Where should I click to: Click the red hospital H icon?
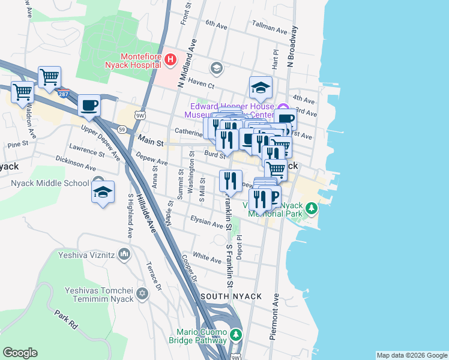pyautogui.click(x=170, y=59)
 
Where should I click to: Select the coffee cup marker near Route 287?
pyautogui.click(x=89, y=106)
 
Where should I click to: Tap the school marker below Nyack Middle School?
pyautogui.click(x=103, y=193)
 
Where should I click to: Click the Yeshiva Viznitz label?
pyautogui.click(x=86, y=254)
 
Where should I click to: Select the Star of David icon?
pyautogui.click(x=142, y=293)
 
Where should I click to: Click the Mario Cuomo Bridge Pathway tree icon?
pyautogui.click(x=236, y=334)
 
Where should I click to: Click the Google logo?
pyautogui.click(x=20, y=353)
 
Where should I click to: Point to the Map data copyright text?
pyautogui.click(x=412, y=355)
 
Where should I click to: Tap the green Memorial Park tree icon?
pyautogui.click(x=311, y=209)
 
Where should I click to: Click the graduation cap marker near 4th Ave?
pyautogui.click(x=261, y=88)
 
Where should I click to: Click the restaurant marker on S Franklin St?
pyautogui.click(x=231, y=181)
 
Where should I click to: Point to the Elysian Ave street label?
pyautogui.click(x=206, y=223)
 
